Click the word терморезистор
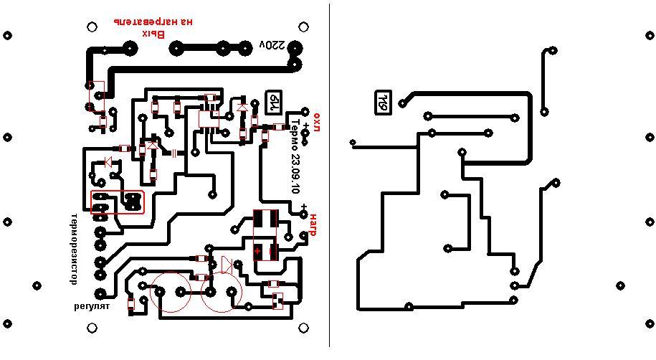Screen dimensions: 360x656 [x=73, y=249]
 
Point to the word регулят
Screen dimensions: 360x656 [x=92, y=306]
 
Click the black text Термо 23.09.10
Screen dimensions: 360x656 [x=294, y=155]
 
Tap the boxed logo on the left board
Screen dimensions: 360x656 [x=274, y=101]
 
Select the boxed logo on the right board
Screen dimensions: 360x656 [x=383, y=102]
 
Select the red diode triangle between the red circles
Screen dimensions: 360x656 [x=225, y=265]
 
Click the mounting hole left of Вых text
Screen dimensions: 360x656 [x=92, y=27]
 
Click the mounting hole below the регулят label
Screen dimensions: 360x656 [x=92, y=328]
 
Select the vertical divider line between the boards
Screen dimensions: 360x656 [x=330, y=179]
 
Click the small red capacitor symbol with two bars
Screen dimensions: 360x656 [x=174, y=152]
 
